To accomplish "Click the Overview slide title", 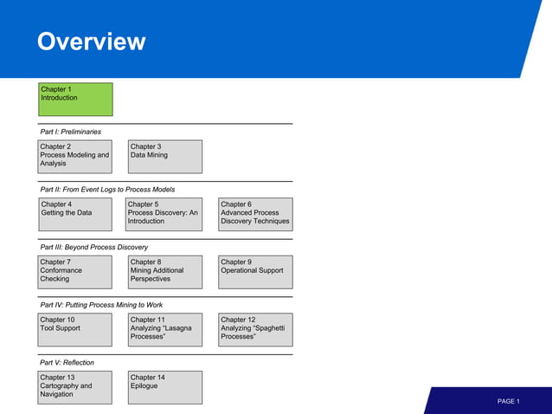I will point(91,42).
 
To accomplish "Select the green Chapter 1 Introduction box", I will point(75,100).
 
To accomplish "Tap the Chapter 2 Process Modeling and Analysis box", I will point(75,157).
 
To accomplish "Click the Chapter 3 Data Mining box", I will point(165,157).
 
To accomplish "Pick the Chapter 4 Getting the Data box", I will point(75,214).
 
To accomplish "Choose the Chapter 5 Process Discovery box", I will point(165,214).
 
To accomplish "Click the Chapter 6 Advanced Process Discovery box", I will point(255,214).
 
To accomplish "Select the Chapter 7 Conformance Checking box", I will point(75,272).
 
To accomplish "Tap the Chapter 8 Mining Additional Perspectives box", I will point(165,272).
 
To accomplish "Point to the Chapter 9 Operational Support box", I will point(255,272).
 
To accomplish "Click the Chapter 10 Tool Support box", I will point(75,329).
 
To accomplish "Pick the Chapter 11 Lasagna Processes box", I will point(165,329).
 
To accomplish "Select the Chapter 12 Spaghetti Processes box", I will point(255,329).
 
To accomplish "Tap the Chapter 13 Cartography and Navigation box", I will point(75,387).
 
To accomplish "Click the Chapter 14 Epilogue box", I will point(165,387).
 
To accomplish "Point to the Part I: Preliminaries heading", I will point(70,132).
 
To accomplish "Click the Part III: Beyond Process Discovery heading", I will point(93,247).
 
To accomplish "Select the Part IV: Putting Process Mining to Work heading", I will point(101,305).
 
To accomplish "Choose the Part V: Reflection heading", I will point(67,362).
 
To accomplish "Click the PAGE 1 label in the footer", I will point(508,402).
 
